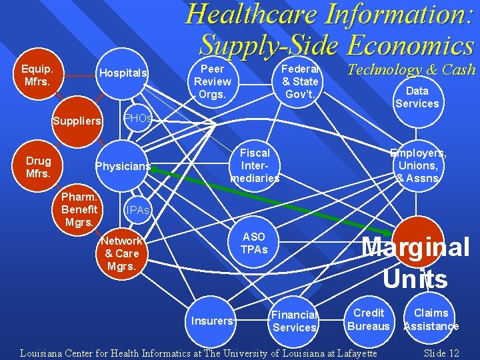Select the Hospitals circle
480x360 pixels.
click(123, 73)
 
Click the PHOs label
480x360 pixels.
click(139, 118)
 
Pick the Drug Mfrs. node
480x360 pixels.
click(37, 167)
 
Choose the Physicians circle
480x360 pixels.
click(123, 166)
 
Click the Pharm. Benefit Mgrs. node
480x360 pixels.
click(79, 209)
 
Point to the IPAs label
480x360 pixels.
click(139, 211)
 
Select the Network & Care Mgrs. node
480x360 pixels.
click(122, 253)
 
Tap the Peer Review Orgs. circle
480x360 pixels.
click(213, 82)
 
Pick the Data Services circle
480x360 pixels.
click(417, 97)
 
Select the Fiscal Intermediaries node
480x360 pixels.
click(255, 165)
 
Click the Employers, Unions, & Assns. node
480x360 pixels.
click(418, 165)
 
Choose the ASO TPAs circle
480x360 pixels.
click(254, 243)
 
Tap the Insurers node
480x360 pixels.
click(212, 321)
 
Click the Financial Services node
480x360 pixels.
click(295, 321)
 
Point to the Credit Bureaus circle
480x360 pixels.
click(369, 319)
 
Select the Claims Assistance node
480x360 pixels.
click(431, 319)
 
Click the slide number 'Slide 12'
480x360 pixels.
click(442, 353)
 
